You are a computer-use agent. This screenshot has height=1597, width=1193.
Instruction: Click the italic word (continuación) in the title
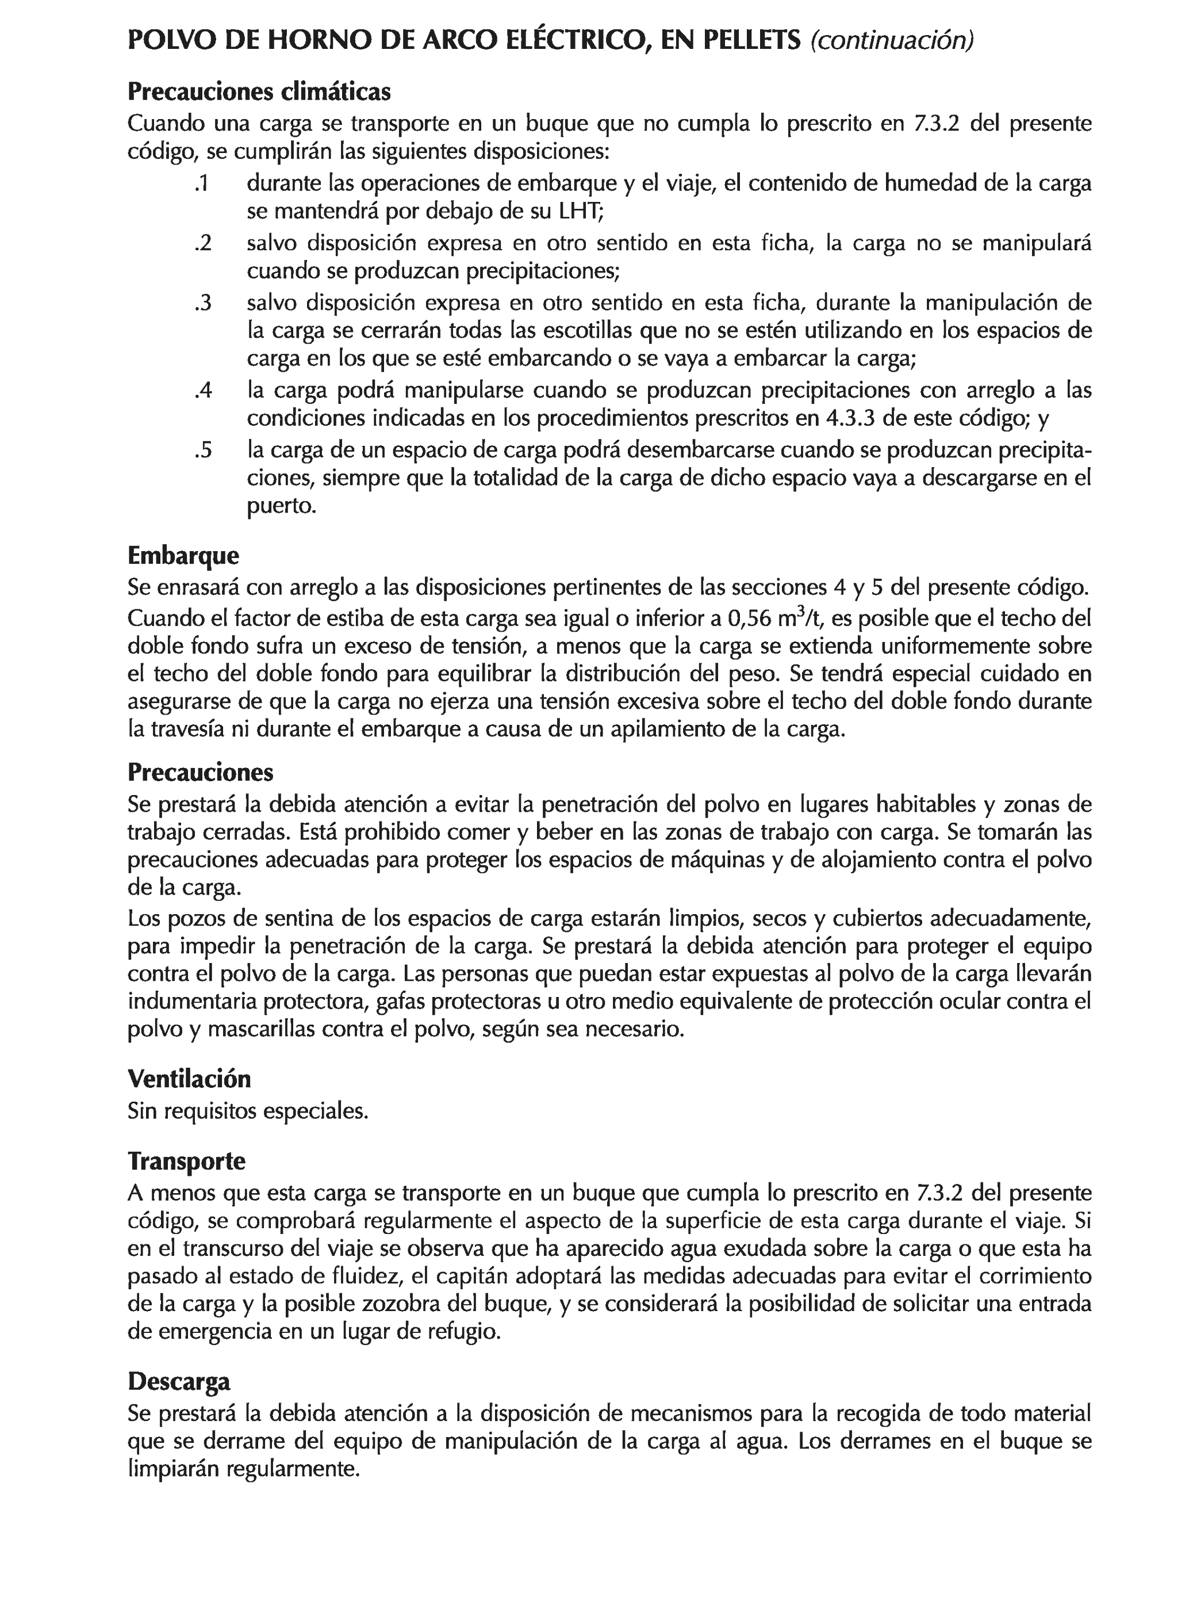point(891,40)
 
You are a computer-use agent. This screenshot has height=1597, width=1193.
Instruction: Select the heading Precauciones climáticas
point(259,91)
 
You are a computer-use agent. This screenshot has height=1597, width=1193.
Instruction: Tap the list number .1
point(202,184)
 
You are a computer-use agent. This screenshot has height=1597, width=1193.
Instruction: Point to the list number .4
point(203,391)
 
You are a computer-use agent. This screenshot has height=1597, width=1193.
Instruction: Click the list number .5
point(203,450)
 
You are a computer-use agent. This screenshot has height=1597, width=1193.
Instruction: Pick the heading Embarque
point(183,555)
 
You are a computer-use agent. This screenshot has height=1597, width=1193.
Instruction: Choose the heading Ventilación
point(189,1079)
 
